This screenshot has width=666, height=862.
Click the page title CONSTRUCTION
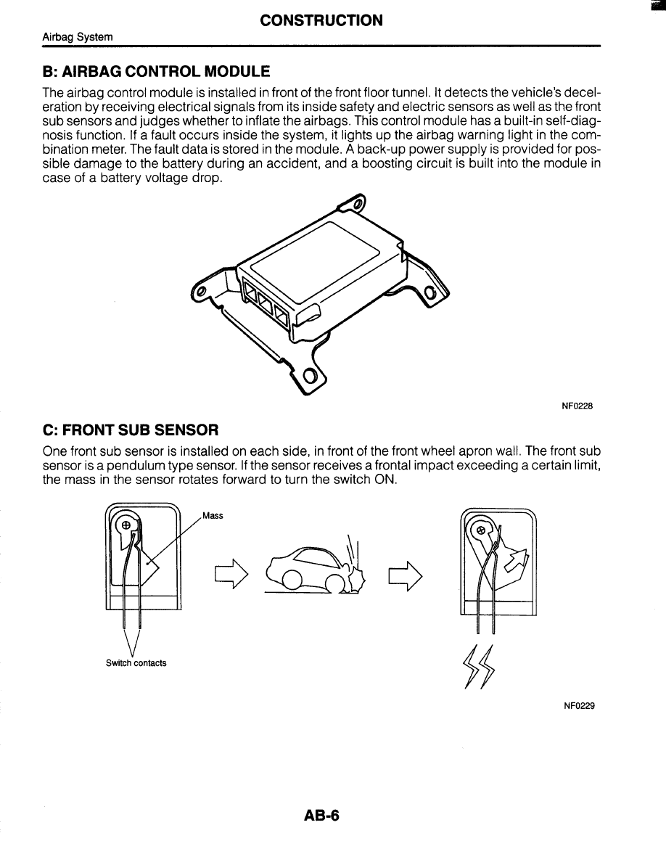point(321,20)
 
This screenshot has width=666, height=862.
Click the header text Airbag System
point(78,36)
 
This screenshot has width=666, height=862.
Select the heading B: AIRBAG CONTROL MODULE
point(156,71)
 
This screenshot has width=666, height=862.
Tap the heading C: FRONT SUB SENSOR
point(131,431)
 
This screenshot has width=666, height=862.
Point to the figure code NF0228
point(577,406)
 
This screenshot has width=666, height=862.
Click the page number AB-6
point(322,816)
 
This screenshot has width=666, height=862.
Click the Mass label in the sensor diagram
point(213,516)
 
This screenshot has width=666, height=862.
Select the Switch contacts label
point(136,663)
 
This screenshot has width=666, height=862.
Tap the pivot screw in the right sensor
point(479,530)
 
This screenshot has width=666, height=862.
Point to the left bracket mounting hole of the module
point(201,292)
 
